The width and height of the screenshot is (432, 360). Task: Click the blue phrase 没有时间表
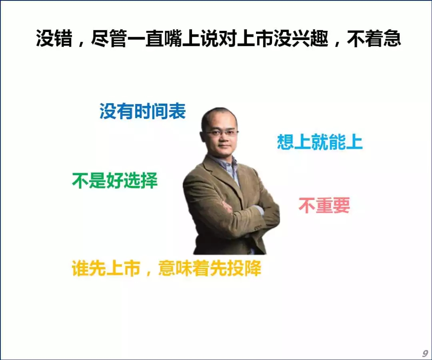pos(142,112)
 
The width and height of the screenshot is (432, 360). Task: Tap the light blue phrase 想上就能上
pos(320,142)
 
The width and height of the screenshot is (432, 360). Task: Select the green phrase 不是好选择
pos(115,181)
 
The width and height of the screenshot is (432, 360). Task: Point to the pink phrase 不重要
pos(324,206)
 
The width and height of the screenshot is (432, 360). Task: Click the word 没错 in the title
pos(54,38)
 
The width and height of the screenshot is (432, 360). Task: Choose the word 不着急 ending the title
pos(374,38)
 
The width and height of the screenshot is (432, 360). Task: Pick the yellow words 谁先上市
pos(106,268)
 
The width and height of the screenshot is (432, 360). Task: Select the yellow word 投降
pos(244,268)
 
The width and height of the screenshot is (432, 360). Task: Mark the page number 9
pos(425,353)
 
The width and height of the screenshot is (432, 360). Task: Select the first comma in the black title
pos(81,43)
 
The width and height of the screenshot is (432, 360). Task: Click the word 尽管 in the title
pos(109,38)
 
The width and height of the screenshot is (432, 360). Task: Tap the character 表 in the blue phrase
pos(178,112)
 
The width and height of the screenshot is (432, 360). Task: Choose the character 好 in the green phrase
pos(115,181)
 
